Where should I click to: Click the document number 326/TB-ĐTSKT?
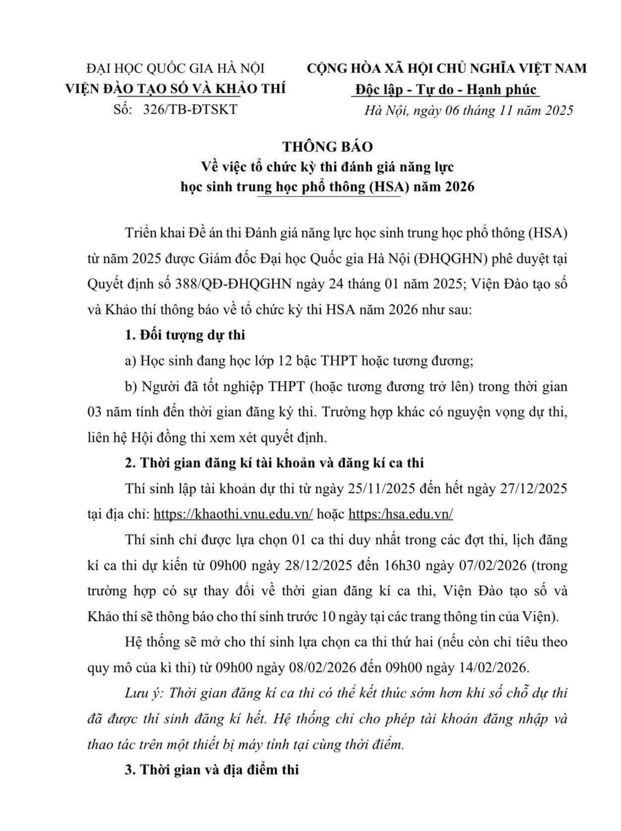pos(190,110)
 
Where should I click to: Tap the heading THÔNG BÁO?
pos(327,147)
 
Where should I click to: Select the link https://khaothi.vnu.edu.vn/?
pos(233,514)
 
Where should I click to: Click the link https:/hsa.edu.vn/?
pos(401,514)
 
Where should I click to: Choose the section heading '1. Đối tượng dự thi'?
pos(185,335)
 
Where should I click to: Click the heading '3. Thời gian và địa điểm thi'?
pos(212,770)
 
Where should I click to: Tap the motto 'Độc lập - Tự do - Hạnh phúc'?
pos(446,89)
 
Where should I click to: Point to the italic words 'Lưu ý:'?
pos(143,693)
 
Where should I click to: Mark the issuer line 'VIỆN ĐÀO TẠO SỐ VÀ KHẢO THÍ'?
pos(176,89)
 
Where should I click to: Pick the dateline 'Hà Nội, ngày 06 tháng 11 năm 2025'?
pos(469,110)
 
